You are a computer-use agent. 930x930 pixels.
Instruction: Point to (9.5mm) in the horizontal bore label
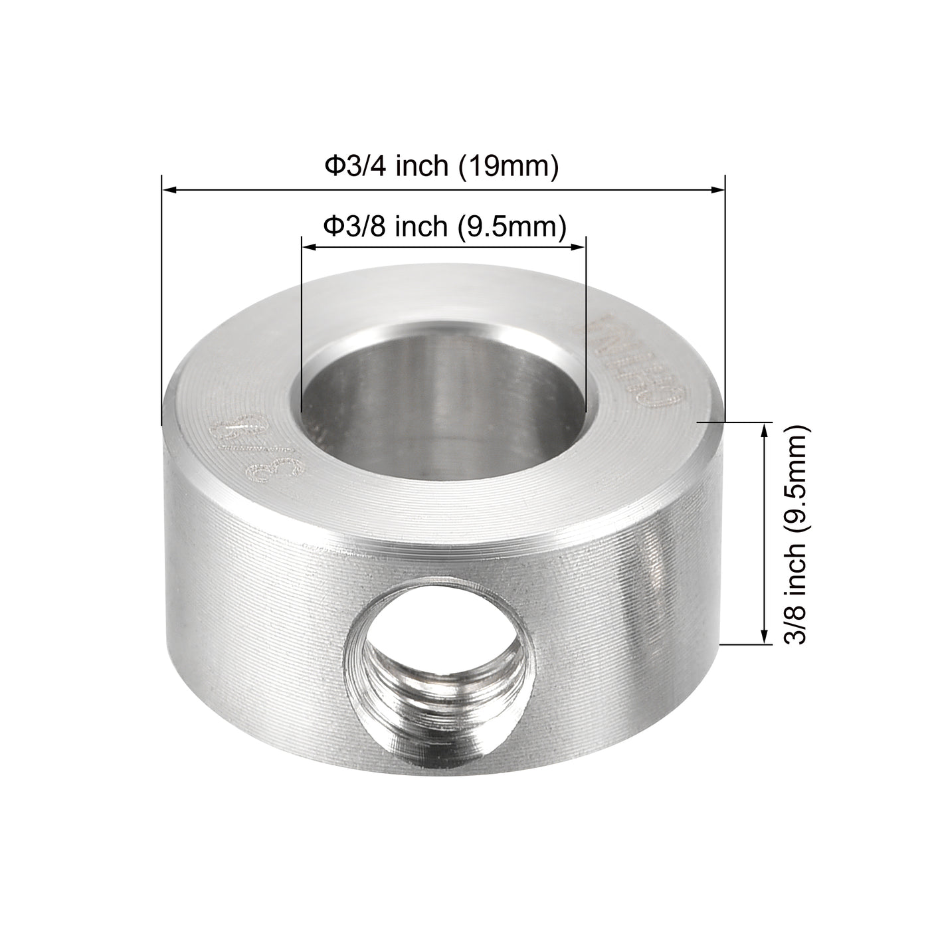tap(512, 227)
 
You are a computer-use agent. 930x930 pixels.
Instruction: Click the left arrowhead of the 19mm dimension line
tap(170, 191)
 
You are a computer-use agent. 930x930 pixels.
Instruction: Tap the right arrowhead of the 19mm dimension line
tap(717, 191)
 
